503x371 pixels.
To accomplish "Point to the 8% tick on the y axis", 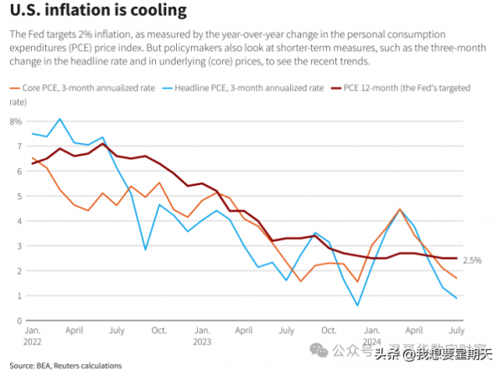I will coord(14,121).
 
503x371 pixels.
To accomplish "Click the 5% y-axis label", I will coord(14,196).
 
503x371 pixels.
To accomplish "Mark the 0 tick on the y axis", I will coord(16,321).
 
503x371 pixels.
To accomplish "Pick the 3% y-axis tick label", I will coord(14,246).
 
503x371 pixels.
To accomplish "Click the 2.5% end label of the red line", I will coord(472,260).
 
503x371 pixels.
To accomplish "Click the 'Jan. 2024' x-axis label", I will coord(372,337).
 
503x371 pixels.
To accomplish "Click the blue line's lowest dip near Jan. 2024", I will coord(358,306).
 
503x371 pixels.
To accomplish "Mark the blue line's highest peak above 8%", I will coord(60,119).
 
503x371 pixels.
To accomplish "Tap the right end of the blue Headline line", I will coord(456,298).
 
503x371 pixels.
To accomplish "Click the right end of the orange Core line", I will coord(456,278).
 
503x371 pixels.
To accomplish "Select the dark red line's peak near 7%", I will coord(102,144).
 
